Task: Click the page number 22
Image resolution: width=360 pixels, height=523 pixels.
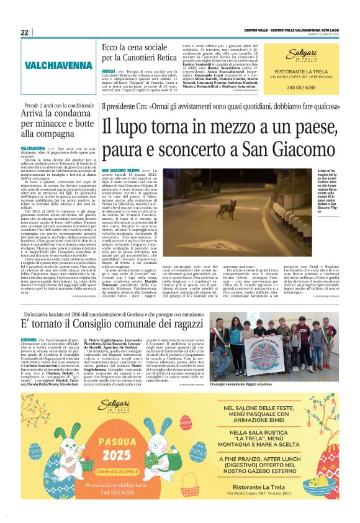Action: [24, 32]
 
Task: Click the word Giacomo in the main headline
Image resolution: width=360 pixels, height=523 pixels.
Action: [297, 150]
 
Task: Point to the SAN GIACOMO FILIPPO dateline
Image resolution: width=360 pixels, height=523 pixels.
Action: [120, 170]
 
